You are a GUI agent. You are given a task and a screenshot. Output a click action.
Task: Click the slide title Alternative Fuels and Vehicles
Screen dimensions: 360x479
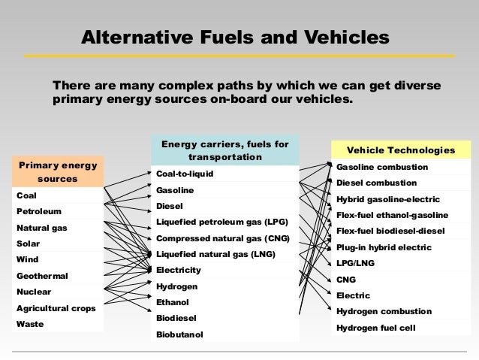pyautogui.click(x=236, y=37)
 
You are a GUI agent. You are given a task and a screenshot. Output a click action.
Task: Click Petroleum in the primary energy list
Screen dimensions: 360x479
pyautogui.click(x=39, y=211)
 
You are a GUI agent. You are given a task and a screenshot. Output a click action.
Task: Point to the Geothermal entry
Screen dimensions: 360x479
pyautogui.click(x=44, y=275)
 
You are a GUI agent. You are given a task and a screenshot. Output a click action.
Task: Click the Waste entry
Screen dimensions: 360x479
pyautogui.click(x=30, y=324)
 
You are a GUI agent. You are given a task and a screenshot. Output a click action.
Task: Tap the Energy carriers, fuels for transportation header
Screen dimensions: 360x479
pyautogui.click(x=225, y=150)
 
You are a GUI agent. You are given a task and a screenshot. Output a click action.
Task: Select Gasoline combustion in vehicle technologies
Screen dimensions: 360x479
pyautogui.click(x=382, y=167)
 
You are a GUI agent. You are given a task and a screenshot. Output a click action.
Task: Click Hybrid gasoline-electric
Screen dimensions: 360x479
pyautogui.click(x=387, y=199)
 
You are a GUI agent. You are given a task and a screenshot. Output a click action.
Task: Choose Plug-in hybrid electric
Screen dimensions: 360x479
pyautogui.click(x=384, y=247)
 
